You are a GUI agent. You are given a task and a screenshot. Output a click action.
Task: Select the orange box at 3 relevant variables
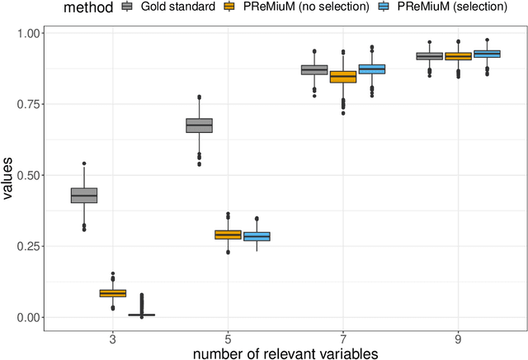(x=112, y=293)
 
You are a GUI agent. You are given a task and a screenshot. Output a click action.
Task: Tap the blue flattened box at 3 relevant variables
(x=141, y=315)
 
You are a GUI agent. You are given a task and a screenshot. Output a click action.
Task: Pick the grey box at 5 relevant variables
(x=199, y=126)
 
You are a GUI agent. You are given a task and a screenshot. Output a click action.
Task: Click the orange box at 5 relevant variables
(x=228, y=234)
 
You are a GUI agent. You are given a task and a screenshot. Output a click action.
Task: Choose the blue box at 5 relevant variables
(x=257, y=236)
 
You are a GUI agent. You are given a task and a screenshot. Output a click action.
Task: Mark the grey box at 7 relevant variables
(x=314, y=70)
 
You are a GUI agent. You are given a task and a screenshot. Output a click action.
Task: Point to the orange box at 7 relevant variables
(x=343, y=77)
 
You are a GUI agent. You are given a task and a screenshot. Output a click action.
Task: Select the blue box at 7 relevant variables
(x=371, y=69)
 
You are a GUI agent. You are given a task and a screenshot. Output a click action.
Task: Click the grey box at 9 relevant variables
(x=429, y=56)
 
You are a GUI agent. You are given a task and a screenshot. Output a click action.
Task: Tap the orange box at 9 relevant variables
(x=458, y=56)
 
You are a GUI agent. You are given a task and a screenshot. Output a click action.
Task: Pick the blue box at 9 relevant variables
(x=487, y=54)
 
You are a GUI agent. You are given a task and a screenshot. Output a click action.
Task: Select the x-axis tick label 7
(x=343, y=338)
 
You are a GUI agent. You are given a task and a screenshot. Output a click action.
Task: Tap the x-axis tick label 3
(x=112, y=338)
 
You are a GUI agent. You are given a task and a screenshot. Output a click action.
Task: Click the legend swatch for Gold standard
(x=127, y=7)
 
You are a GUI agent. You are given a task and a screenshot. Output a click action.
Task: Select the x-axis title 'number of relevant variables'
(x=285, y=353)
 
